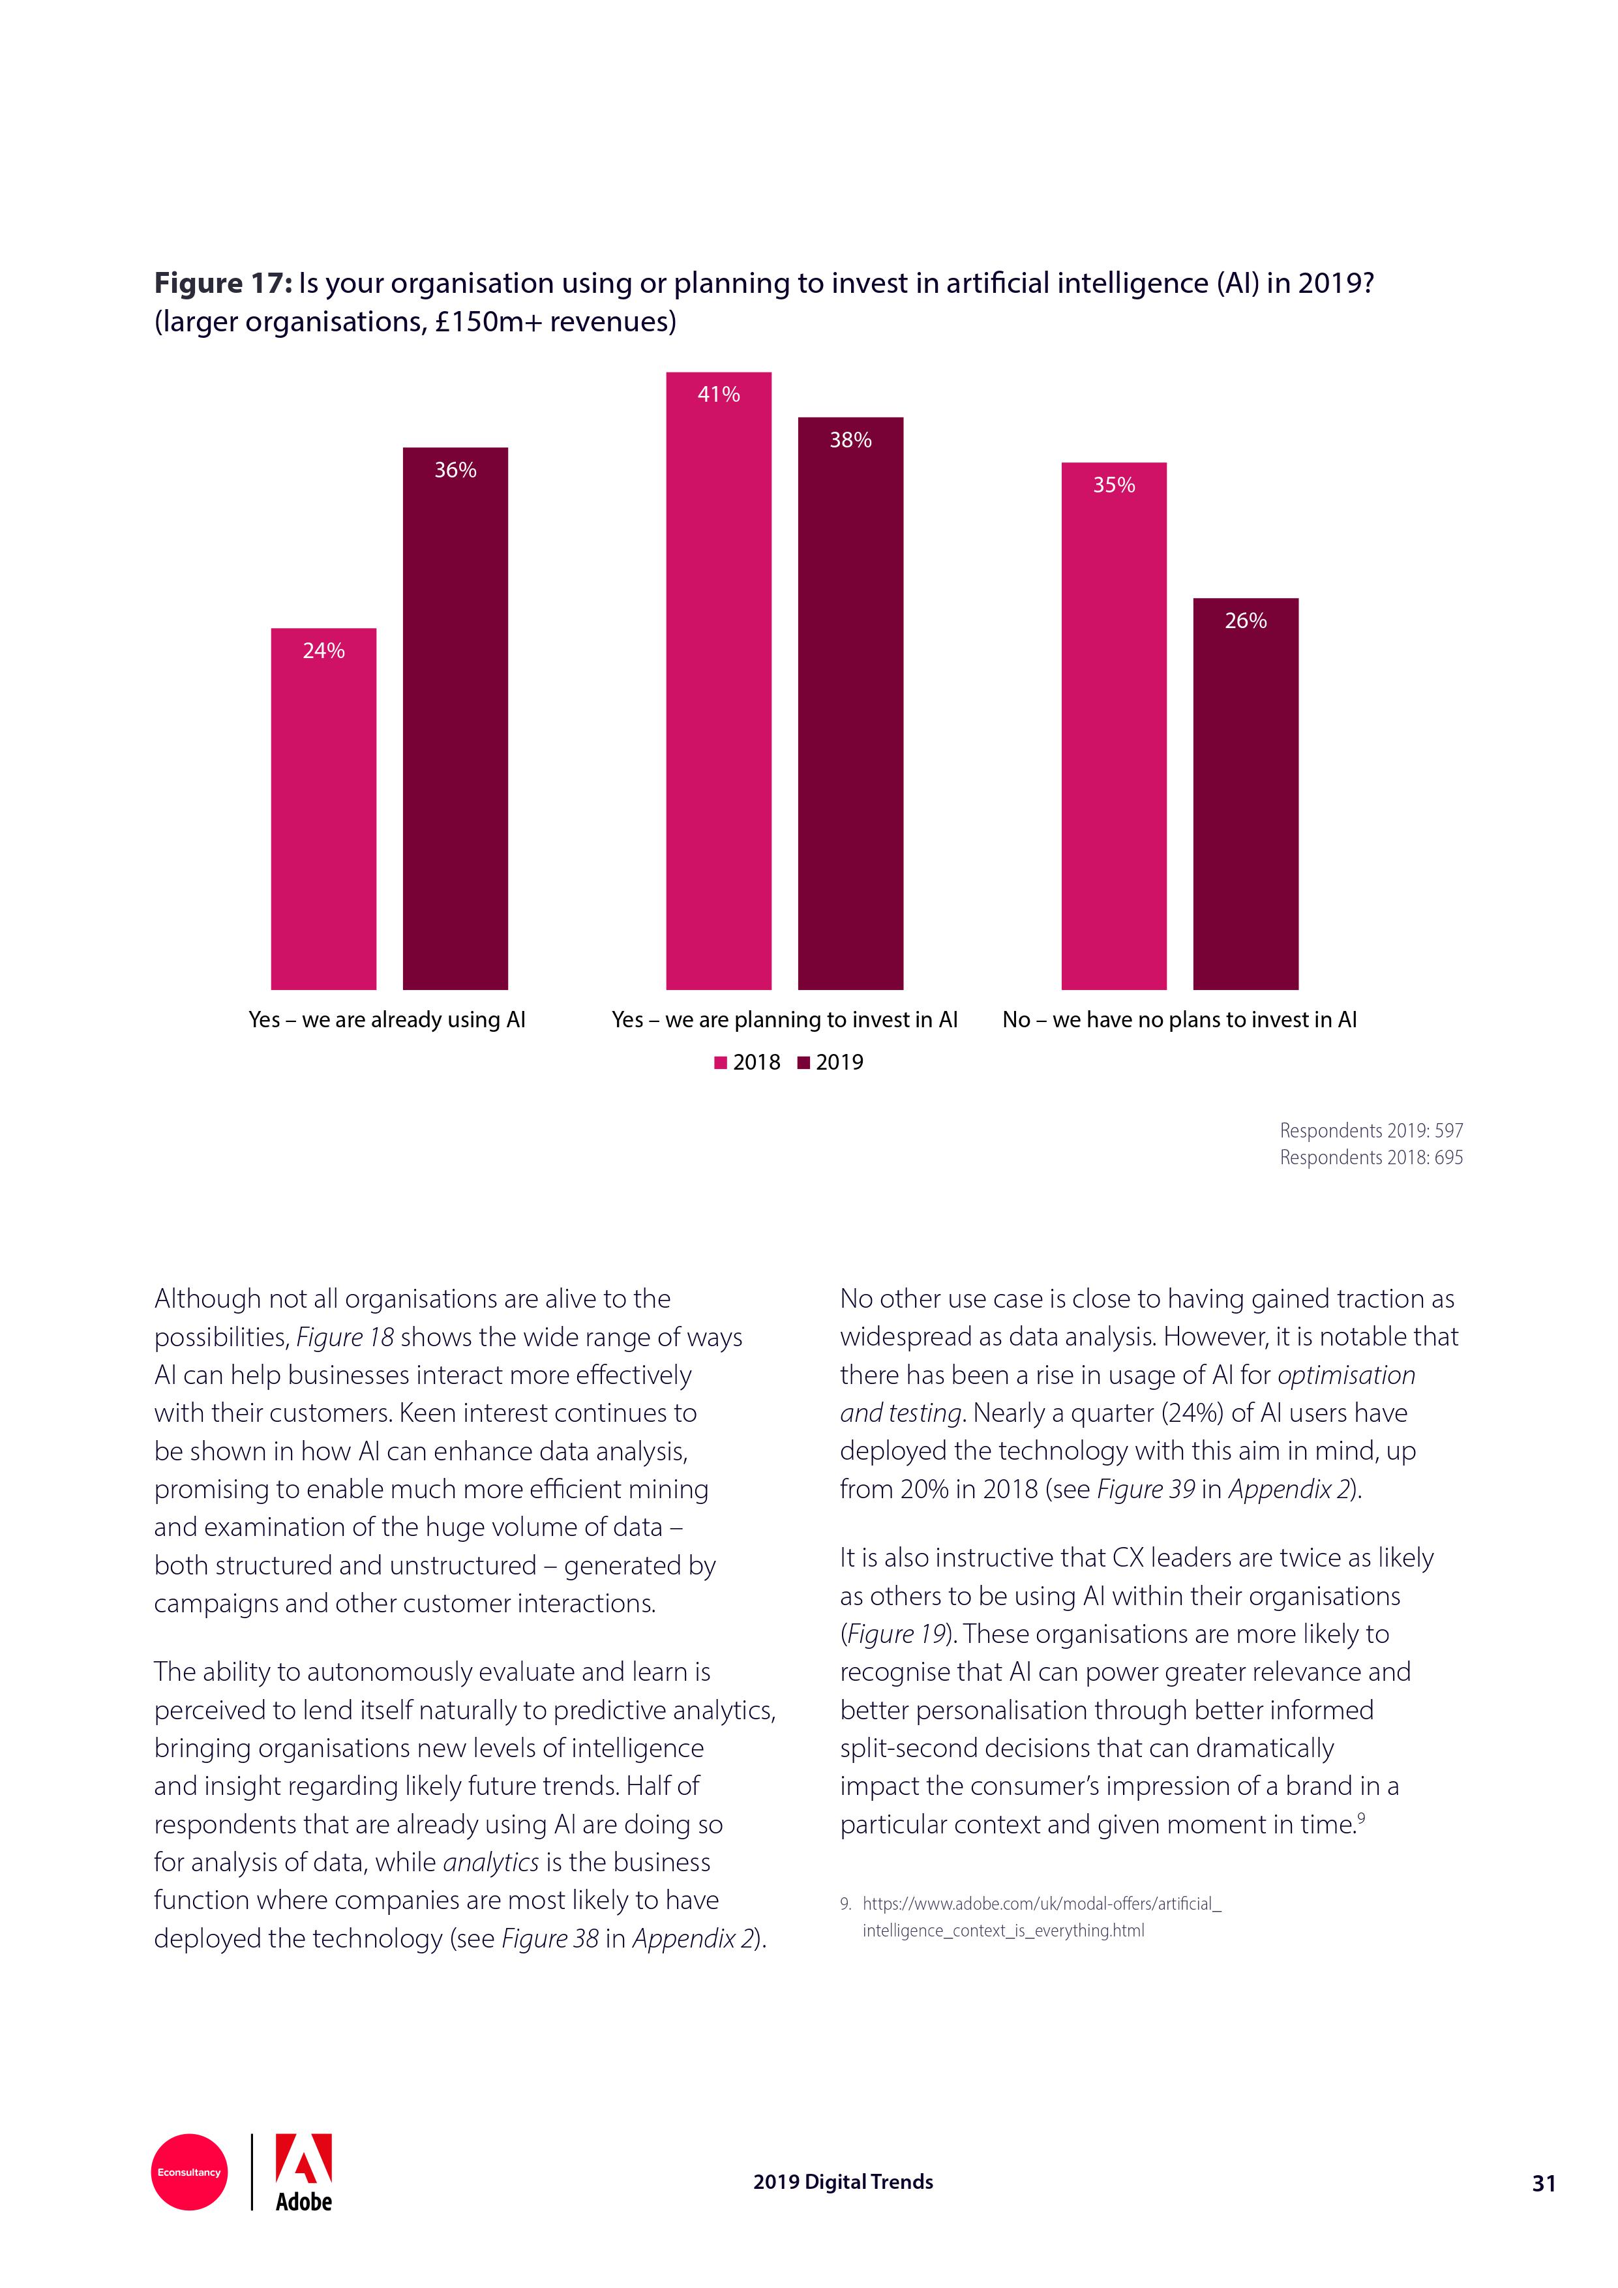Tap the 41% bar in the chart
(x=718, y=681)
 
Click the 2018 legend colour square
(x=721, y=1063)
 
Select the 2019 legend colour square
(x=803, y=1063)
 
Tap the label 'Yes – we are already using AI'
(x=387, y=1019)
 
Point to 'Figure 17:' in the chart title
(x=222, y=284)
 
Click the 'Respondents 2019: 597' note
(x=1370, y=1130)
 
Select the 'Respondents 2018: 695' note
(x=1370, y=1157)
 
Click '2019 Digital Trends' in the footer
(x=843, y=2182)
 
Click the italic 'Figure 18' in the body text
(x=345, y=1337)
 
